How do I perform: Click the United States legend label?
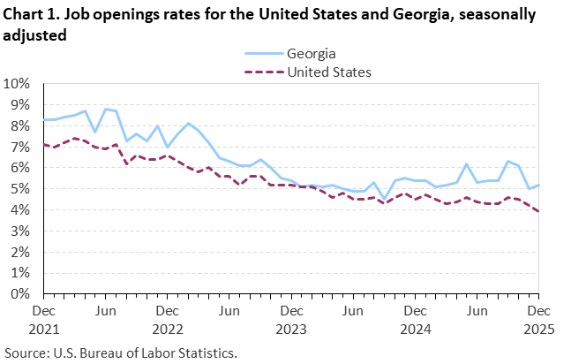tap(329, 72)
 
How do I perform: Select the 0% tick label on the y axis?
tap(20, 294)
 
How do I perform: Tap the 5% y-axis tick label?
tap(20, 189)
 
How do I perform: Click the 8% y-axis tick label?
tap(20, 126)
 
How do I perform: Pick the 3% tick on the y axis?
tap(20, 231)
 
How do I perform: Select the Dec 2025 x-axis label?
tap(537, 319)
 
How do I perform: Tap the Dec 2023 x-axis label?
tap(290, 319)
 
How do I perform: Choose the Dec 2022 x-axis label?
tap(167, 319)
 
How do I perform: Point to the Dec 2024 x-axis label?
tap(414, 319)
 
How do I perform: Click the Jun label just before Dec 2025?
tap(476, 311)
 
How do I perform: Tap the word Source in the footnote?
tap(26, 353)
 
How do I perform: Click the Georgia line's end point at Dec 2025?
tap(537, 186)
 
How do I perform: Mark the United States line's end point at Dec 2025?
tap(537, 211)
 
